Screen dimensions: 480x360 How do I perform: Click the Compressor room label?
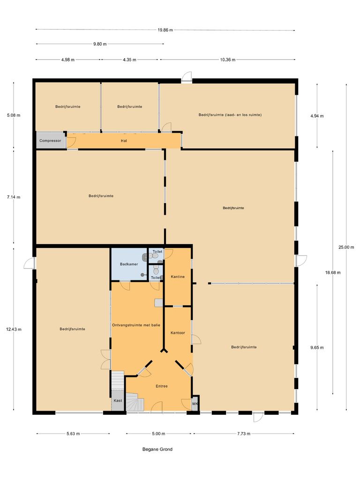click(x=51, y=141)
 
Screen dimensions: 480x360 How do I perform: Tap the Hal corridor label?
click(x=124, y=141)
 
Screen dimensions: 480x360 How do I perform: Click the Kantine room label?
click(x=178, y=277)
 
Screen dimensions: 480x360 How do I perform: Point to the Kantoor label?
click(x=178, y=333)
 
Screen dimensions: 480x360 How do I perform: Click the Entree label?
click(x=162, y=386)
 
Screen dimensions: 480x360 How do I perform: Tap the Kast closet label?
click(x=118, y=401)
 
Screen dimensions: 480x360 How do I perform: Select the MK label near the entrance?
click(x=195, y=404)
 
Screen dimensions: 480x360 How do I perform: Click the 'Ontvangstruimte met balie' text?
click(x=136, y=325)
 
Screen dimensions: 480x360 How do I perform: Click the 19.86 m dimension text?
click(x=165, y=30)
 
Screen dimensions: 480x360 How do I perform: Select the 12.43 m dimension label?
click(x=14, y=329)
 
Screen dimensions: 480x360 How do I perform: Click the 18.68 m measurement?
click(x=333, y=272)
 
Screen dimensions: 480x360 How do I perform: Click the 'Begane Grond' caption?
click(x=157, y=449)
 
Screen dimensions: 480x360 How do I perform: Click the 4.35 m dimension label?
click(x=129, y=60)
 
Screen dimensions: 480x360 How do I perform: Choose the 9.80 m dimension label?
click(x=100, y=44)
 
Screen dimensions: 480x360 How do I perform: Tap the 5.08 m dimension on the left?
click(x=14, y=115)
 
